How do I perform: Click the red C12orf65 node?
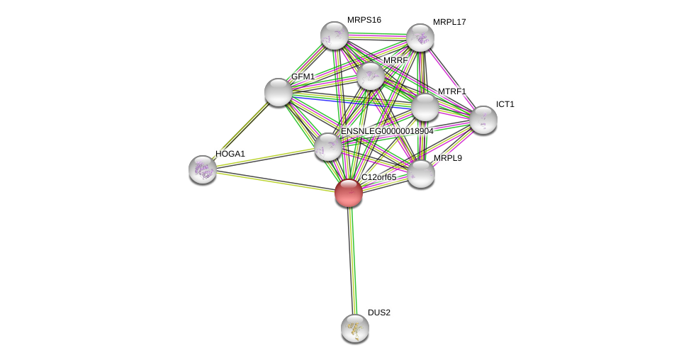click(349, 193)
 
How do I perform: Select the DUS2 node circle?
click(355, 328)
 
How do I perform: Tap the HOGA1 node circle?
click(203, 169)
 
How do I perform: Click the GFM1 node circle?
click(279, 92)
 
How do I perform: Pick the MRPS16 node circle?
click(335, 35)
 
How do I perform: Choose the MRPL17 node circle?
click(420, 38)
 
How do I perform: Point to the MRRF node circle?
click(371, 76)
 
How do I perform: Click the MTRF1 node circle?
click(425, 107)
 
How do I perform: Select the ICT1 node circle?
click(483, 120)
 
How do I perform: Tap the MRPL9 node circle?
click(421, 174)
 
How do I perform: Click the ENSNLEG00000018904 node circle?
click(328, 147)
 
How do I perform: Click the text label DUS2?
click(378, 313)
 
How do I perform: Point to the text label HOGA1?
click(230, 154)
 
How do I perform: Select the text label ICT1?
click(505, 104)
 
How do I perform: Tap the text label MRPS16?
click(364, 20)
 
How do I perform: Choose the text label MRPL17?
click(449, 22)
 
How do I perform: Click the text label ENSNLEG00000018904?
click(387, 131)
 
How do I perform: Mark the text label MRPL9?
click(447, 158)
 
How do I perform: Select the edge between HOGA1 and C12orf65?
click(276, 181)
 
